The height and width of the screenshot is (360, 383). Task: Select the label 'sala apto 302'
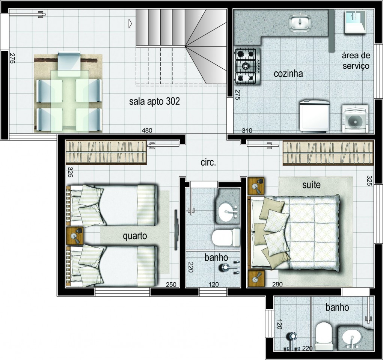point(154,101)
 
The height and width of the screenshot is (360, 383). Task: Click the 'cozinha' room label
point(288,74)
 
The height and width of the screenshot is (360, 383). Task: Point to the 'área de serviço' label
point(356,60)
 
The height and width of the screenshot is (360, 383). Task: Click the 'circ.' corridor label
point(208,163)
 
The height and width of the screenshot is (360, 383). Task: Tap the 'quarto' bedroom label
point(135,236)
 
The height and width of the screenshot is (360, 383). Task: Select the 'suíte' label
point(311,185)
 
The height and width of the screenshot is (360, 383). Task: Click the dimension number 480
point(147,130)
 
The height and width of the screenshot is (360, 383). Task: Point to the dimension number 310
point(247,131)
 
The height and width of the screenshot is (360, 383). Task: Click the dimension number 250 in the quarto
point(171,285)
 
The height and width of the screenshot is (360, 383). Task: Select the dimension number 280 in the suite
point(277,284)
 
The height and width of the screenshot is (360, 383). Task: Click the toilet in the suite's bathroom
point(323,336)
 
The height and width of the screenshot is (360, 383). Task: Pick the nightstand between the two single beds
point(75,236)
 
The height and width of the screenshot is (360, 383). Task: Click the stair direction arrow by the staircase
point(130,23)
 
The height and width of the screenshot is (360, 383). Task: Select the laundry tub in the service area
point(355,22)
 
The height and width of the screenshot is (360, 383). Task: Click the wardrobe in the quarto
point(106,152)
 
